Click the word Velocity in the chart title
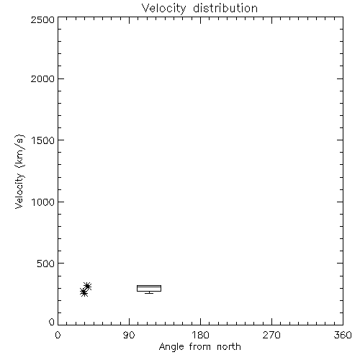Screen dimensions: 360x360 164,9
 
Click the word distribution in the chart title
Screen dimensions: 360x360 225,8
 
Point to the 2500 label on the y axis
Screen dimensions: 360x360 43,20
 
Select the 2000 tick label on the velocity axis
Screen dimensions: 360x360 43,78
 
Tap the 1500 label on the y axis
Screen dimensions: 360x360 43,140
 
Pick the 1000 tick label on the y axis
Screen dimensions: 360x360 43,202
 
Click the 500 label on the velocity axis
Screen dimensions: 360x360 46,264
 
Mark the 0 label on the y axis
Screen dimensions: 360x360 52,322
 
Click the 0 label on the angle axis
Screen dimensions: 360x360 58,335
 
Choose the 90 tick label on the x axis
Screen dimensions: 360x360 129,335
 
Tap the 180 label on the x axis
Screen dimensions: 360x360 200,335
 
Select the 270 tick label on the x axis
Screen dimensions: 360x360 271,335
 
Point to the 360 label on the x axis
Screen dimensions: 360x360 343,335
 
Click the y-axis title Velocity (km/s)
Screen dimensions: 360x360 19,171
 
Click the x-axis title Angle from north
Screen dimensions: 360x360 200,347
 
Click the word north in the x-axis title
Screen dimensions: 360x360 229,346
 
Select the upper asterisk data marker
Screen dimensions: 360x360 87,286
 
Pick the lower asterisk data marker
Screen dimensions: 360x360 84,292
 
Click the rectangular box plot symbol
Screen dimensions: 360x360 149,285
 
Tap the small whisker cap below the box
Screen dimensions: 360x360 149,293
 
